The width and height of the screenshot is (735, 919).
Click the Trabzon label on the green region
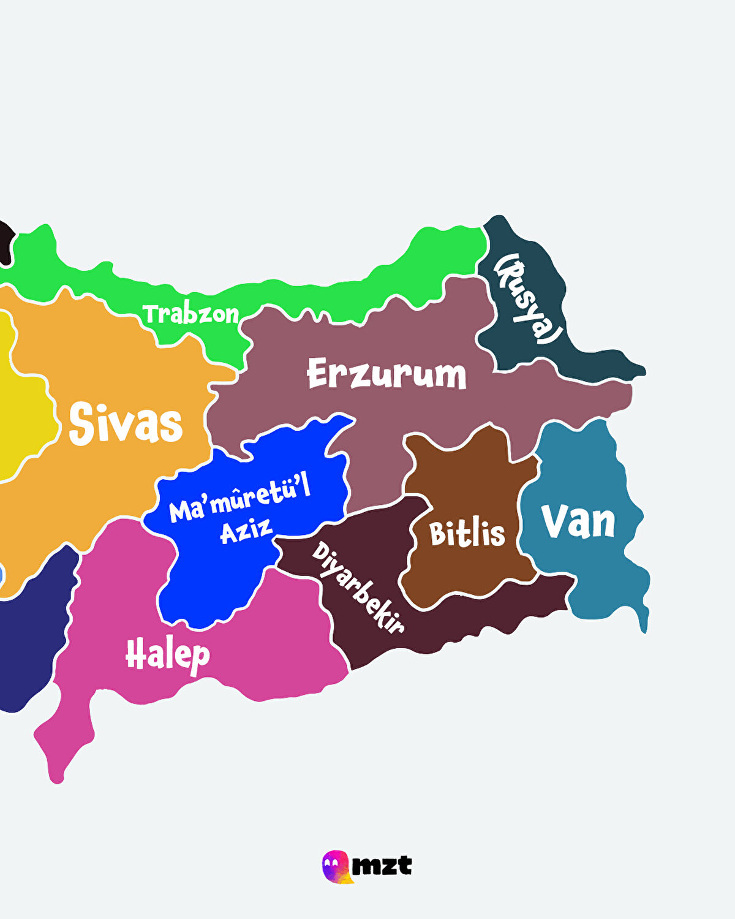coord(191,314)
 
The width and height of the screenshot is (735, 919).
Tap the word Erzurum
coord(386,374)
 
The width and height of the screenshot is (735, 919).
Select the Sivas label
coord(126,423)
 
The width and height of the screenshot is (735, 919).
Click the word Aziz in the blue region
coord(246,531)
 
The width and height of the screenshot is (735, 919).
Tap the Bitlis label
coord(467,534)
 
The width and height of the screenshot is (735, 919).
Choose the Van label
coord(578,522)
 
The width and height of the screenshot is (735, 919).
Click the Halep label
coord(167,655)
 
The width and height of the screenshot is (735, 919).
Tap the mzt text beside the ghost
coord(382,866)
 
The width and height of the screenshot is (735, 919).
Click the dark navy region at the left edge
coord(28,643)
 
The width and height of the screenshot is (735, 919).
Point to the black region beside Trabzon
coord(6,242)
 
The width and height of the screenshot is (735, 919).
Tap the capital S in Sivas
coord(82,423)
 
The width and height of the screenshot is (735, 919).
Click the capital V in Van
coord(554,521)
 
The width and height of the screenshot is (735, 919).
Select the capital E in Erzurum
coord(318,373)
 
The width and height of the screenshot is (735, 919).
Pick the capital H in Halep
coord(135,654)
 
